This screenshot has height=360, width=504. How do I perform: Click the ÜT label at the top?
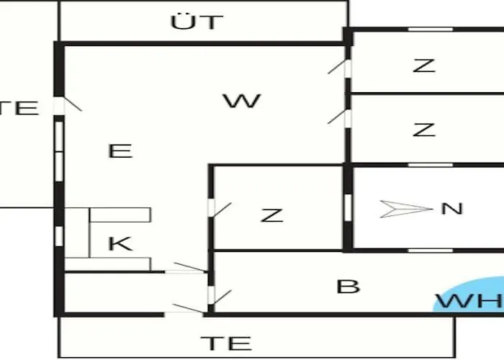click(197, 22)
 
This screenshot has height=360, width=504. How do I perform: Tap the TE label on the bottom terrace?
click(226, 343)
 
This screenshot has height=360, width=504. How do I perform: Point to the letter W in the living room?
click(242, 101)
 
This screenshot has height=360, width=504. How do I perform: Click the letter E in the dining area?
click(120, 150)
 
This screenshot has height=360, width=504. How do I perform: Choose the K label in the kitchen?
click(120, 243)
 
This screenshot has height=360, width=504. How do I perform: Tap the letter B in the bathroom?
click(348, 286)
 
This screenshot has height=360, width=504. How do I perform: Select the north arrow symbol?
click(406, 209)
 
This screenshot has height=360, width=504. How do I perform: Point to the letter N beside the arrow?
click(452, 209)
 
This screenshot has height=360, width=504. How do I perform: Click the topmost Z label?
click(424, 66)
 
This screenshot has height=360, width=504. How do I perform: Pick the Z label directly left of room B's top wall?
click(272, 215)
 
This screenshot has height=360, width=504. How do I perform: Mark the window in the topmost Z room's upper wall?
click(431, 30)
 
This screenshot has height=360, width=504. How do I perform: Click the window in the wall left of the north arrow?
click(348, 207)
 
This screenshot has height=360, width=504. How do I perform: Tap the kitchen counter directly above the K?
click(120, 215)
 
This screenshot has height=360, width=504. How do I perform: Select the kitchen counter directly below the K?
click(107, 264)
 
